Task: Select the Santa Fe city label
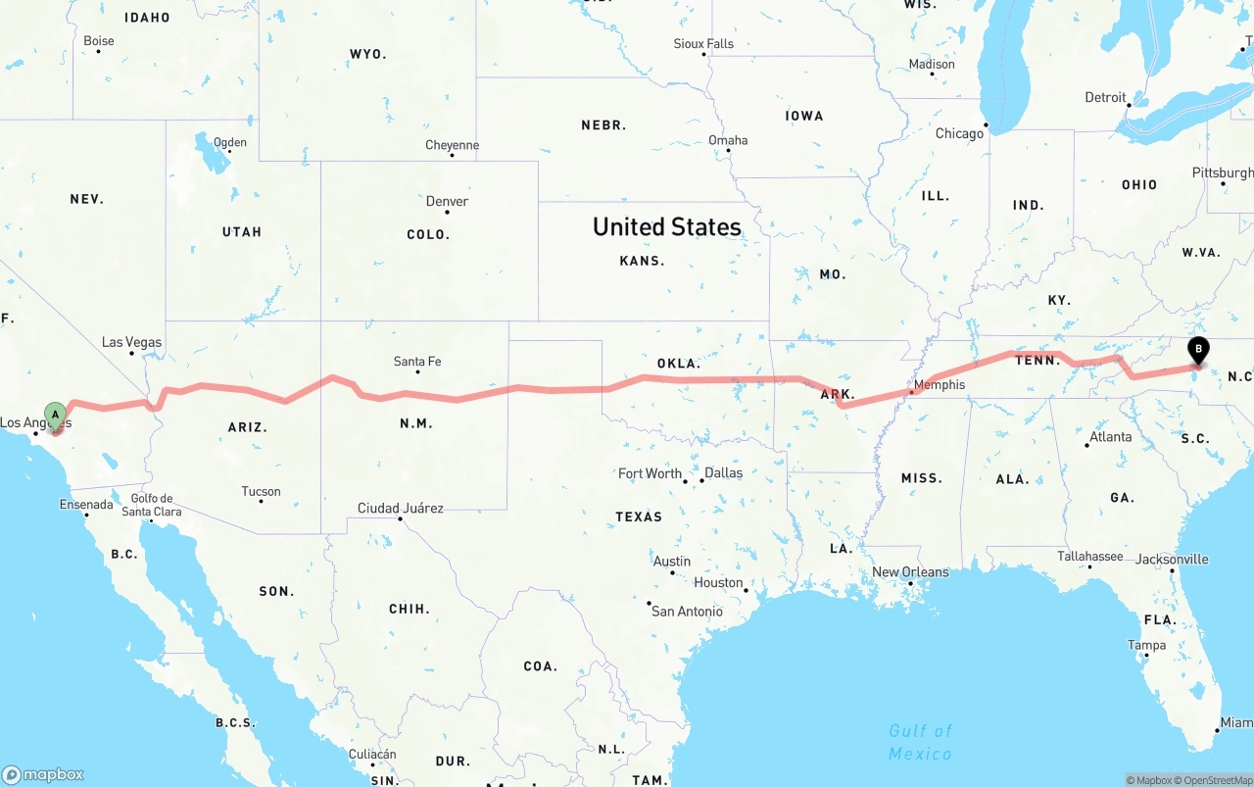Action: click(417, 362)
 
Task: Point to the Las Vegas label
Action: click(131, 342)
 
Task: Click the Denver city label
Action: click(447, 201)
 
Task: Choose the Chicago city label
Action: click(959, 133)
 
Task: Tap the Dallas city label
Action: click(723, 472)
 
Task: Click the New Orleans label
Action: click(910, 571)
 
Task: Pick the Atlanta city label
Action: click(1110, 436)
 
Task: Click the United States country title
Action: click(666, 227)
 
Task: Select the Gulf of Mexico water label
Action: click(920, 742)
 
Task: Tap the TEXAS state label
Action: click(639, 516)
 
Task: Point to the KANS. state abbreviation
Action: click(642, 261)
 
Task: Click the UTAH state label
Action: click(242, 232)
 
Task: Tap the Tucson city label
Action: click(261, 491)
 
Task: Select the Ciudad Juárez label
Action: click(400, 508)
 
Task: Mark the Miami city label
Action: click(1235, 723)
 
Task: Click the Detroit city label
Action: click(1105, 97)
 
